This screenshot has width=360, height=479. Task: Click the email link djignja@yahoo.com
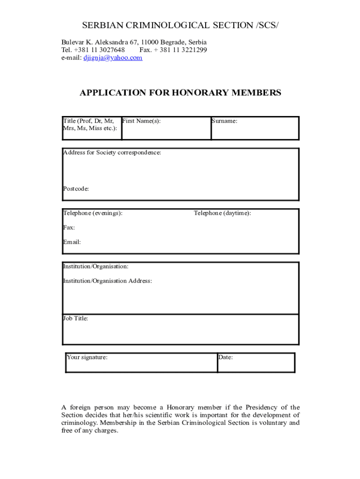click(113, 58)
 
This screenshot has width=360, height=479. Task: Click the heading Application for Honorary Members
click(180, 93)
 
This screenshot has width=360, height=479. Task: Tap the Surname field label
click(224, 121)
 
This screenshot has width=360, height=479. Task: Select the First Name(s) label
click(141, 121)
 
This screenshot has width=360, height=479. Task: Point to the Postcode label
click(76, 189)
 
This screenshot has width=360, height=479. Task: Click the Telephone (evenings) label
click(93, 213)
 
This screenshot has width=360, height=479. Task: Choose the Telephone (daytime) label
click(222, 213)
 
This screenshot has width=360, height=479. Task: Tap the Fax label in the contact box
click(69, 228)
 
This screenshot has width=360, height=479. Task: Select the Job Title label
click(75, 319)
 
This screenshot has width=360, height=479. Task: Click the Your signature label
click(87, 357)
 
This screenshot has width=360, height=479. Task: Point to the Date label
click(225, 357)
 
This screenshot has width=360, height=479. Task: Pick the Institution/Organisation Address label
click(107, 281)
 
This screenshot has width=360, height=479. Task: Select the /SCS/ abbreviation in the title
click(267, 25)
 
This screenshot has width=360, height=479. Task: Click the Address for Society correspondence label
click(112, 153)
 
